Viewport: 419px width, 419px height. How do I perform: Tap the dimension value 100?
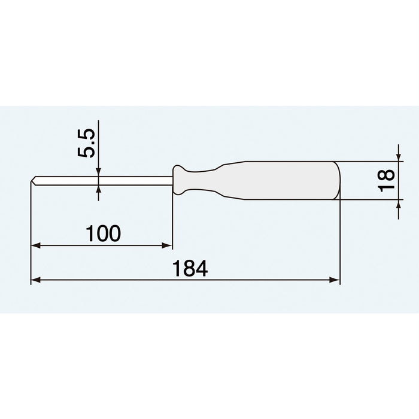pos(103,233)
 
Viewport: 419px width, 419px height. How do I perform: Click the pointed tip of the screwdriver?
pos(31,180)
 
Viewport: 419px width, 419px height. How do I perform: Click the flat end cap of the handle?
pos(337,180)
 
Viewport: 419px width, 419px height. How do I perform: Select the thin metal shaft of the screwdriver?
pos(102,180)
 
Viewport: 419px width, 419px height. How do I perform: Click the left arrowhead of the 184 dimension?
pos(35,280)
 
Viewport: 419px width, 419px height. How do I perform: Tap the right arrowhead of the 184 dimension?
pos(336,280)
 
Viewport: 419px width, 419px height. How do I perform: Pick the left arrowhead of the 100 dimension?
pos(35,245)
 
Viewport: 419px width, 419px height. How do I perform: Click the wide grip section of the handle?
pos(287,180)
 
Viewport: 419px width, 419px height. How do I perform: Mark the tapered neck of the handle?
pos(207,180)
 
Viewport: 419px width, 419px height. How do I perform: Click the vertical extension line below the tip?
pos(31,233)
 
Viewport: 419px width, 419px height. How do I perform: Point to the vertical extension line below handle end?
pos(340,239)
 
